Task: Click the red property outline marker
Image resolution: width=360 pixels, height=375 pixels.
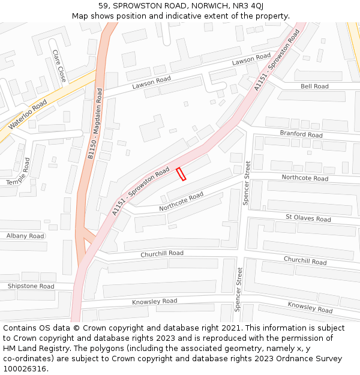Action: click(x=181, y=174)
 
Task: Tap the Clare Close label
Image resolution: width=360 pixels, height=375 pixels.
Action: click(x=59, y=66)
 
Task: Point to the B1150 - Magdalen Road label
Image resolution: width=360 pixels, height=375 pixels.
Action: click(x=95, y=124)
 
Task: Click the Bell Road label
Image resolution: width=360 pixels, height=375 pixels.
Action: click(x=314, y=86)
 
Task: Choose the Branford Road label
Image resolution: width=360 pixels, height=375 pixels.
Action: click(x=301, y=134)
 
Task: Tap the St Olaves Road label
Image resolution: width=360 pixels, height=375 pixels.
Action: click(x=308, y=219)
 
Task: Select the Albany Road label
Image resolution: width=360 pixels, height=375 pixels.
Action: click(x=25, y=236)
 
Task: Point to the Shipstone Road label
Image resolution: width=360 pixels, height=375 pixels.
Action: click(x=31, y=286)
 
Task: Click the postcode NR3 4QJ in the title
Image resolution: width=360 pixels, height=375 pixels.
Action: click(x=247, y=6)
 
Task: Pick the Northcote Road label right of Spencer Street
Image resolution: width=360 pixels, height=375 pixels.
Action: click(x=305, y=178)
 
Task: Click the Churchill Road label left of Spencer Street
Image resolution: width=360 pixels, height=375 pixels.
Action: click(x=162, y=253)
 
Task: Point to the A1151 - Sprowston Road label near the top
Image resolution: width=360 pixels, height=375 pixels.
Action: click(x=277, y=60)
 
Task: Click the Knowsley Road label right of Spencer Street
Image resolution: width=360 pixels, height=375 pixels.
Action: click(x=310, y=307)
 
